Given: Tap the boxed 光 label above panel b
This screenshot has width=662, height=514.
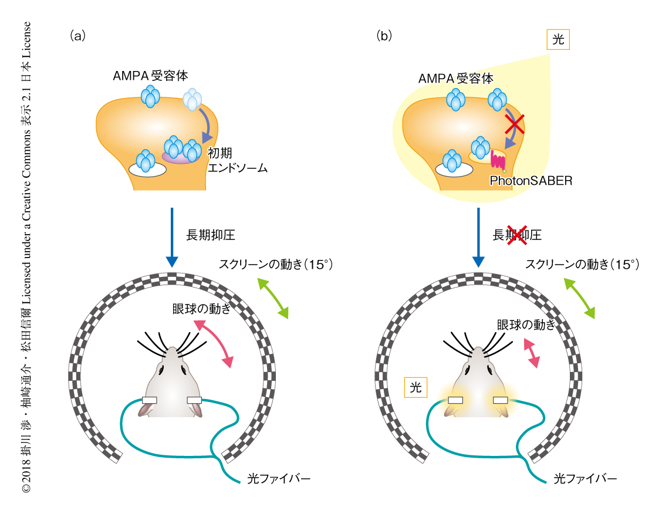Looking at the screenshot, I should [558, 39].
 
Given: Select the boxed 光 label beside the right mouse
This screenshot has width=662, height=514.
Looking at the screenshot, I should [415, 387].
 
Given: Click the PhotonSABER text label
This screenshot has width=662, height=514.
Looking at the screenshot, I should [531, 181].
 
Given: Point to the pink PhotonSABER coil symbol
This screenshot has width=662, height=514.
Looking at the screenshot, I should [498, 161].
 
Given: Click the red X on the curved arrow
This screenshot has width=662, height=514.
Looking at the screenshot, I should [515, 124].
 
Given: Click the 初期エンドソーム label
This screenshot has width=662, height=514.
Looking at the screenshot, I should [238, 160].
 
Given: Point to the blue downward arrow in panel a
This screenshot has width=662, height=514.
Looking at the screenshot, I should [171, 238].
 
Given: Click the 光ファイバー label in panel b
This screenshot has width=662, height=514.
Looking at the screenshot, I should [585, 479].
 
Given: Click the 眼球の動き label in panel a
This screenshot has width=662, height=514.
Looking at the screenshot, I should [200, 310].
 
